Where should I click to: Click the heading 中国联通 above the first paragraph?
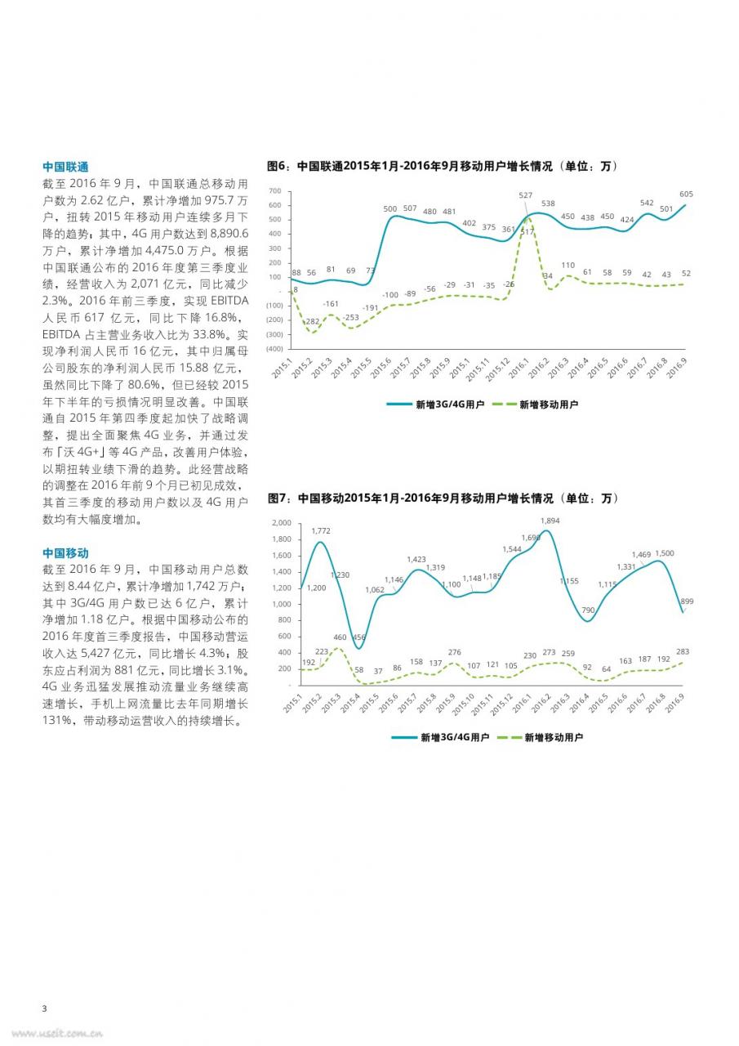(65, 167)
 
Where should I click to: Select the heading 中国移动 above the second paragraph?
(65, 553)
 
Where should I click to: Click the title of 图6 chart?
(443, 166)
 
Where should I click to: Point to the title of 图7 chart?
(443, 498)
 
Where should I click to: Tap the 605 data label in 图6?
(686, 194)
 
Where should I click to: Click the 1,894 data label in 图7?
(550, 521)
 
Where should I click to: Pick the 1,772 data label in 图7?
(321, 530)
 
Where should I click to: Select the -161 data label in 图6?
(331, 303)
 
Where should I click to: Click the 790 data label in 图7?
(588, 610)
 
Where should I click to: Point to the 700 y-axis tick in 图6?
(275, 191)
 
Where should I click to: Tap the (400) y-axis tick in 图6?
(274, 349)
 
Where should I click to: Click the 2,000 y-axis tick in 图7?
(282, 522)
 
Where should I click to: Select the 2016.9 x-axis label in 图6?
(676, 368)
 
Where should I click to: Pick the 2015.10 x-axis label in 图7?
(463, 704)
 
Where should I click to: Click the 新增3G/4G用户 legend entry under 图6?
(436, 405)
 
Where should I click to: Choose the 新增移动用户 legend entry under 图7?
(541, 737)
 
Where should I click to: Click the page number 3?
(44, 1008)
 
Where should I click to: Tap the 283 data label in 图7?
(682, 651)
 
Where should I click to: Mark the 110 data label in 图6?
(568, 266)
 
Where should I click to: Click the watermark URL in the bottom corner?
(57, 1033)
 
